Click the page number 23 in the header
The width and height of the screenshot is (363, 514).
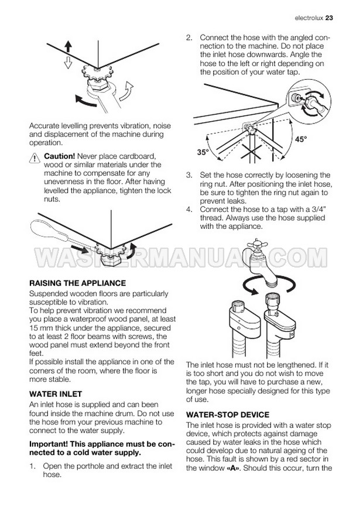coord(329,18)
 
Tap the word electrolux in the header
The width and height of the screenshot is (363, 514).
coord(309,18)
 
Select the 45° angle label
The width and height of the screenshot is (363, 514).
coord(301,139)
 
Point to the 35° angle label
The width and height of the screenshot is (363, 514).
coord(203,152)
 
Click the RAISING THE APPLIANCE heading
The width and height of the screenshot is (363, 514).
coord(78,283)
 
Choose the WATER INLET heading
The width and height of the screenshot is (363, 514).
coord(56,394)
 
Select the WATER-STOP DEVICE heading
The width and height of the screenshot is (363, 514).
coord(228,414)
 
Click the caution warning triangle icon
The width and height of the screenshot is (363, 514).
coord(35,158)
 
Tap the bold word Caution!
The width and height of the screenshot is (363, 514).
coord(59,156)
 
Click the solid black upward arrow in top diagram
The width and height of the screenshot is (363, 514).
coord(68,46)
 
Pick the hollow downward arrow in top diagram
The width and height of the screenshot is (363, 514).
coord(68,62)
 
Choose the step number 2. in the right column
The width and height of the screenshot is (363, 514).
coord(189,37)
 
